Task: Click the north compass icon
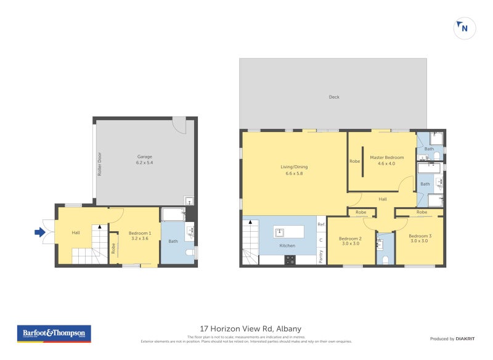tap(465, 28)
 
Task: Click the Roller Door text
tap(99, 165)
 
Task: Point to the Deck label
tap(333, 97)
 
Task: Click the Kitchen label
tap(287, 245)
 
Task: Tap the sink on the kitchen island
tap(279, 232)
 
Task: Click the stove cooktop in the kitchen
tap(290, 260)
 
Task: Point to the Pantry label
tap(321, 256)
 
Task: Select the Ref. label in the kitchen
tap(321, 224)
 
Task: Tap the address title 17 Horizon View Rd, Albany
tap(250, 329)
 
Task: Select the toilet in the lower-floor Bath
tap(190, 253)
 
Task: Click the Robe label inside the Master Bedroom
tap(354, 162)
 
